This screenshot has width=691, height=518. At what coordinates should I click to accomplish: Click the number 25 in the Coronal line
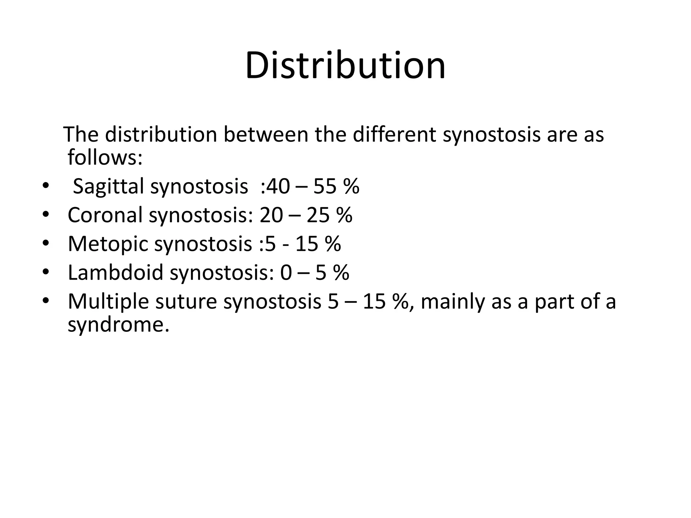(318, 215)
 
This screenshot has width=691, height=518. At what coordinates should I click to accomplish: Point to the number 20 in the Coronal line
(271, 215)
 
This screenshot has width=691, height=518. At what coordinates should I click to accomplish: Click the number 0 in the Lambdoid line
(286, 272)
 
